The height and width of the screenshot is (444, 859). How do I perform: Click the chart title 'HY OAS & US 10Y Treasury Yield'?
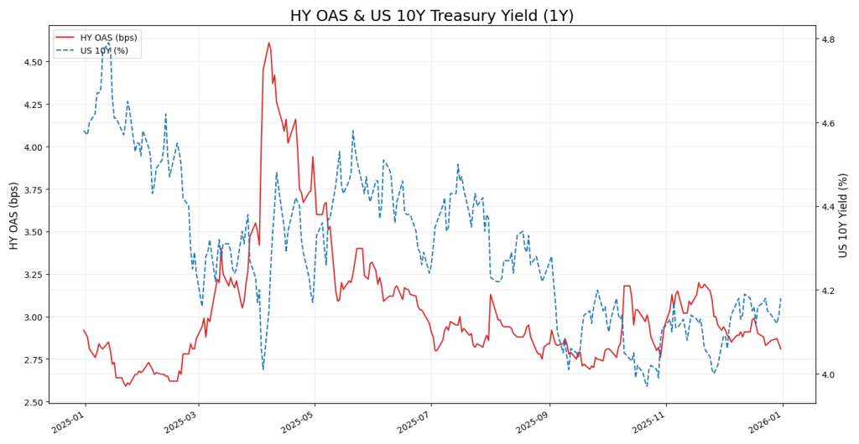(431, 16)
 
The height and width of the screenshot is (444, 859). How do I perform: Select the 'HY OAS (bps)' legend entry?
(108, 37)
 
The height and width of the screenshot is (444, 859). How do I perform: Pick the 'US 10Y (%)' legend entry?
(104, 50)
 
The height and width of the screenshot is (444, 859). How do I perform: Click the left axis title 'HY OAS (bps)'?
(14, 215)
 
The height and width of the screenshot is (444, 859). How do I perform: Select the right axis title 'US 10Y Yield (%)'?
(844, 215)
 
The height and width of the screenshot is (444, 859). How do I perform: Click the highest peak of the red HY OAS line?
(268, 43)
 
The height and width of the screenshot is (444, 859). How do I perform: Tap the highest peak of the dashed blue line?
(107, 40)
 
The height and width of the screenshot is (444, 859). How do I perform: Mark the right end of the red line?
(781, 349)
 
